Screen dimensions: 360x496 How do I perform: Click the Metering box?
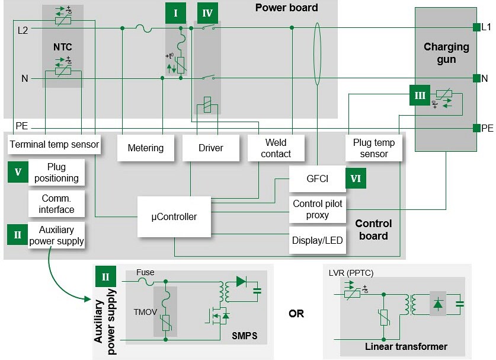click(x=145, y=148)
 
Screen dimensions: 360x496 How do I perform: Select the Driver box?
click(x=210, y=148)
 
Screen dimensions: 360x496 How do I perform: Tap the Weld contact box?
click(x=276, y=148)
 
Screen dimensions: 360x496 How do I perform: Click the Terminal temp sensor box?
click(x=54, y=144)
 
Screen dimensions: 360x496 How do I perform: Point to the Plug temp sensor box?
click(x=374, y=148)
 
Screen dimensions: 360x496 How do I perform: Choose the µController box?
click(x=174, y=216)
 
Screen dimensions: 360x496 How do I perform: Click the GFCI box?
click(x=317, y=178)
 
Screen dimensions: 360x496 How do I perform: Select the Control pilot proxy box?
click(x=317, y=209)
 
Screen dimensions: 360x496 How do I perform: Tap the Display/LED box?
click(x=317, y=240)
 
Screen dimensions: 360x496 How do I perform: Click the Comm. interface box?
click(x=57, y=203)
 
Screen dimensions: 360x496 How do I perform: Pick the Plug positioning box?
click(x=57, y=173)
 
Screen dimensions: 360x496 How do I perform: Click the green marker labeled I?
click(x=175, y=13)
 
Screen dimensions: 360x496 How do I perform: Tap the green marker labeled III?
click(x=420, y=95)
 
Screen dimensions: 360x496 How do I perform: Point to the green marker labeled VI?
click(x=356, y=178)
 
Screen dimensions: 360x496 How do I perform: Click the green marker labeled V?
click(x=18, y=173)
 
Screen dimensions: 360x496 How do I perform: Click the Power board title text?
click(x=286, y=8)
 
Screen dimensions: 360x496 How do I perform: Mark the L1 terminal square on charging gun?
click(x=476, y=27)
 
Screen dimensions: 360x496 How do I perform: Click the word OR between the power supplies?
click(x=296, y=313)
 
